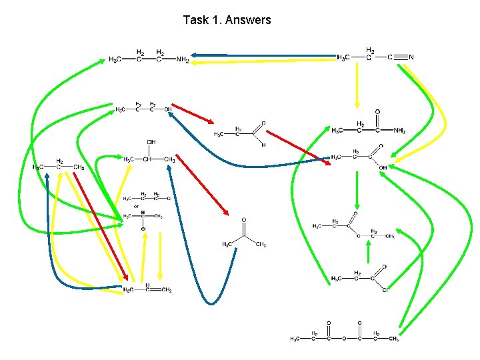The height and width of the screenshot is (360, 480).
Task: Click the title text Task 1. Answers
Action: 227,20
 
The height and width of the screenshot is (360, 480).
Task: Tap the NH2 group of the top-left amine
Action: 183,60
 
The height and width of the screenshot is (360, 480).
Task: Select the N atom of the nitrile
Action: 411,57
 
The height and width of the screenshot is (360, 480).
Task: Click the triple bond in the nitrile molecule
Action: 399,57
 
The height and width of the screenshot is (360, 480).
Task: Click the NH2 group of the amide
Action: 399,131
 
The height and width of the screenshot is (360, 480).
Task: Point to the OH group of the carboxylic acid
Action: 383,167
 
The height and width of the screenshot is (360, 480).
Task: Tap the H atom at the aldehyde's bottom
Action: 263,145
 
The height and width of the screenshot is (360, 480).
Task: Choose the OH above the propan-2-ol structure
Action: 151,142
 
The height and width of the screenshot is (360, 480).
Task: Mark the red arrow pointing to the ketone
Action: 202,185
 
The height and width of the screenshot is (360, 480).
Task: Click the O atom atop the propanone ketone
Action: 244,221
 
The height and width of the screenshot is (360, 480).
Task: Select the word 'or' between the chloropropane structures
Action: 137,205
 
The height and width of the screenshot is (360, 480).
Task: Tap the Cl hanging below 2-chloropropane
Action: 143,229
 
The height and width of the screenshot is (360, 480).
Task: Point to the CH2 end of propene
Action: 167,290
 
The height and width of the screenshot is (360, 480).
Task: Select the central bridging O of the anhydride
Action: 343,339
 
